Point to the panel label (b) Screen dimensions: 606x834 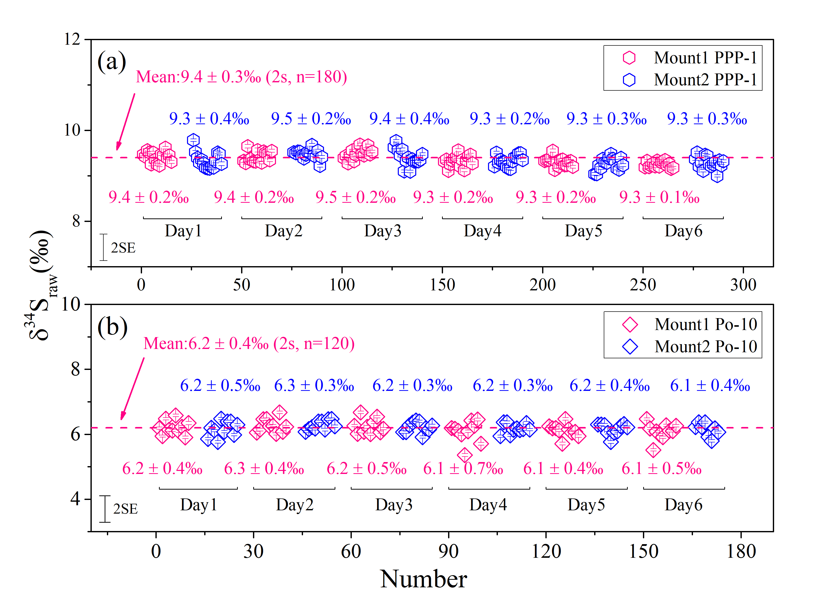pyautogui.click(x=112, y=327)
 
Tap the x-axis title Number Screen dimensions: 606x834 pyautogui.click(x=423, y=579)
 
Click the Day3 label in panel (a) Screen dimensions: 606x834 pyautogui.click(x=382, y=231)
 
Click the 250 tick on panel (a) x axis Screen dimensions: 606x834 pyautogui.click(x=643, y=285)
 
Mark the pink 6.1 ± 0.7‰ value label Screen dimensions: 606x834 pyautogui.click(x=463, y=469)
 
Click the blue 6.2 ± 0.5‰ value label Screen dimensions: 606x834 pyautogui.click(x=220, y=386)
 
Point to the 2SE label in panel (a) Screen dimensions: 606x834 pyautogui.click(x=123, y=248)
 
